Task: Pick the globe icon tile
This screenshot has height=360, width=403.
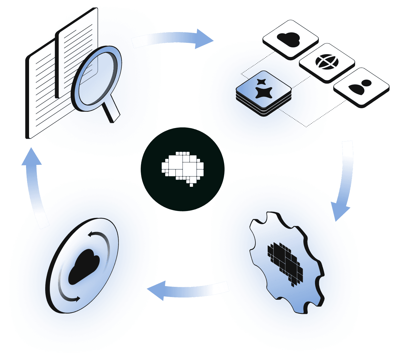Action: click(327, 62)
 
